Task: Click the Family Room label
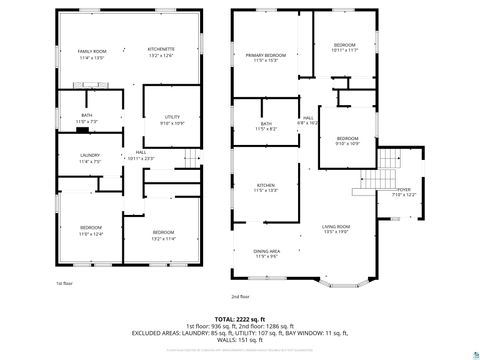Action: click(x=91, y=50)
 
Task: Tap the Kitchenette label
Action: click(x=161, y=50)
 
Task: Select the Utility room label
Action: click(x=172, y=117)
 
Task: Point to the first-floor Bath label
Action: click(x=87, y=115)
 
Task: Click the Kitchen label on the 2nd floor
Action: click(x=265, y=185)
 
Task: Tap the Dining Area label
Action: click(x=266, y=251)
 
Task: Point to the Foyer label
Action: click(x=404, y=189)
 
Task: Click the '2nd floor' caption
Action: click(x=240, y=297)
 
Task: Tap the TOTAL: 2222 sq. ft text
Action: click(x=240, y=317)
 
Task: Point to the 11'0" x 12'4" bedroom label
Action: click(x=91, y=234)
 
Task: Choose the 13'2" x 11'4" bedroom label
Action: click(x=162, y=239)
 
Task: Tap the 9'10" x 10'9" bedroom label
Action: click(x=347, y=143)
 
